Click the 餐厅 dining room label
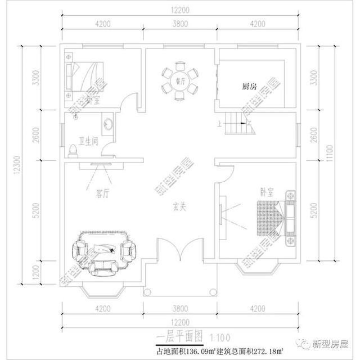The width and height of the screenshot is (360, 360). click(x=181, y=81)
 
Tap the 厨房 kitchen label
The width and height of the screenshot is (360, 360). click(x=250, y=87)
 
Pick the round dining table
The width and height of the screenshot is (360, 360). click(x=181, y=82)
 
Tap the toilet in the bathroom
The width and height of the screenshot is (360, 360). click(x=72, y=149)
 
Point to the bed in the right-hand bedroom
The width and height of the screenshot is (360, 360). click(x=268, y=219)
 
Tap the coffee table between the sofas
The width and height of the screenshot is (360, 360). click(x=105, y=247)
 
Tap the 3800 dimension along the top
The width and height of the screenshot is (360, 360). click(x=180, y=24)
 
